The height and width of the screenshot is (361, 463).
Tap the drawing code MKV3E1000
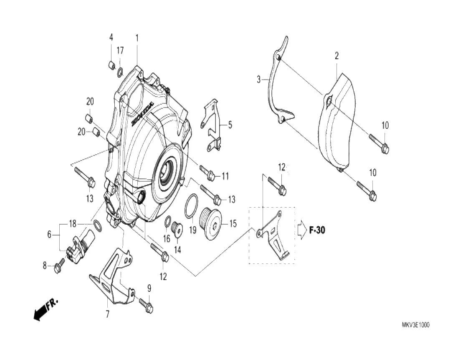[416, 325]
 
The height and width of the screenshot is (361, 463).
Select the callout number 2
[336, 56]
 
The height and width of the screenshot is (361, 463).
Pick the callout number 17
[120, 51]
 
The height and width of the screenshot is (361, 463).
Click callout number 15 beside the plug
[233, 224]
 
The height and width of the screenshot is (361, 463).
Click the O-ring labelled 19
[190, 206]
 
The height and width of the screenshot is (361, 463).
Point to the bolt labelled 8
[59, 266]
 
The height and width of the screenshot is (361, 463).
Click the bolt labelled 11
[207, 173]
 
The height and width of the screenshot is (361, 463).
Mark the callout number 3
[258, 79]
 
